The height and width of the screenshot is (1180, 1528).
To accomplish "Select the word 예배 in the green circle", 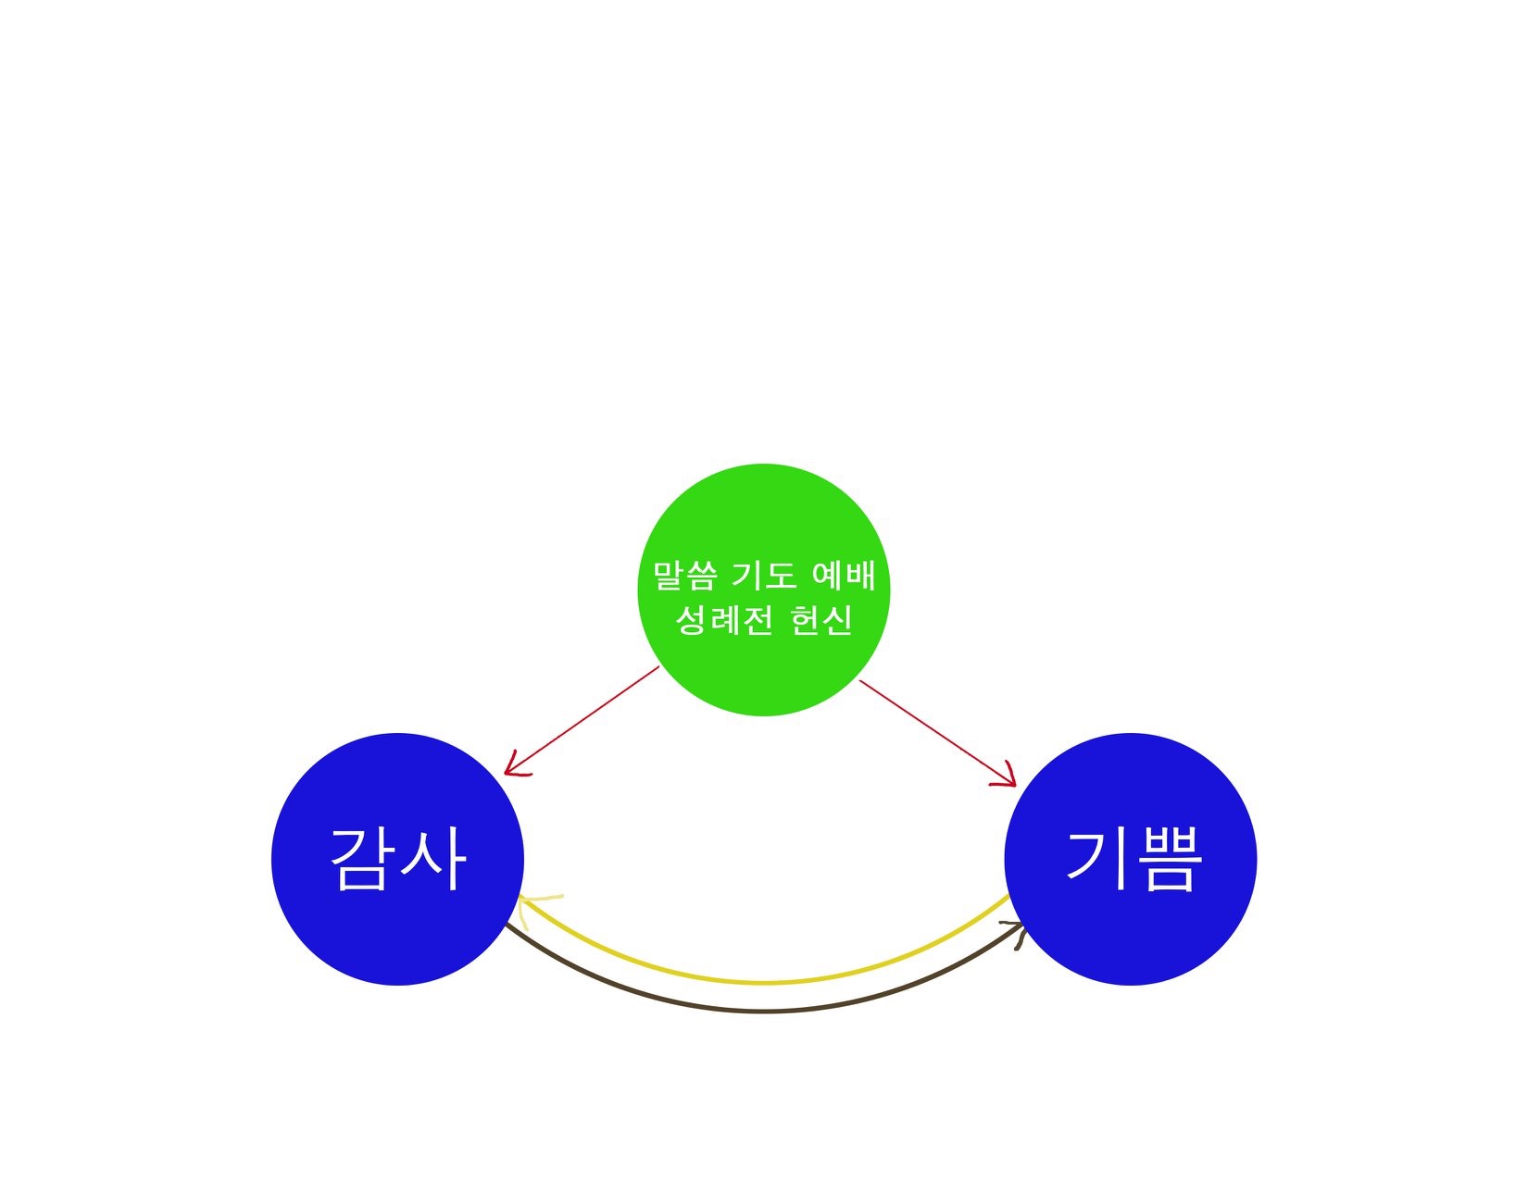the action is [x=843, y=575].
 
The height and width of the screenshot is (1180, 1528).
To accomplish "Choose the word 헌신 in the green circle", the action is [x=821, y=619].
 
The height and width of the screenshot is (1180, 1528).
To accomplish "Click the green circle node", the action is [x=764, y=590].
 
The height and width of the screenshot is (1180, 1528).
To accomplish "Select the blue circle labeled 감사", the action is [x=398, y=859].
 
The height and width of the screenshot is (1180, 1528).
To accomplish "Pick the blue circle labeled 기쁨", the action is [x=1130, y=859].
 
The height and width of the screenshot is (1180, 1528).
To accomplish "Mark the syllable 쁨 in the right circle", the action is [x=1164, y=859].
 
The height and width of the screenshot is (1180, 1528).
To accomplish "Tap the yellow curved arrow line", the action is [x=764, y=982].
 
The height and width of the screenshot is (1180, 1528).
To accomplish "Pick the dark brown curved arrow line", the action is [x=764, y=1012].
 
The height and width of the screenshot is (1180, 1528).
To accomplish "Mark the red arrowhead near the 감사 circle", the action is [x=515, y=767].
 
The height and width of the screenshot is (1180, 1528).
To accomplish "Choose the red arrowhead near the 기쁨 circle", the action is [x=1007, y=778].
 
